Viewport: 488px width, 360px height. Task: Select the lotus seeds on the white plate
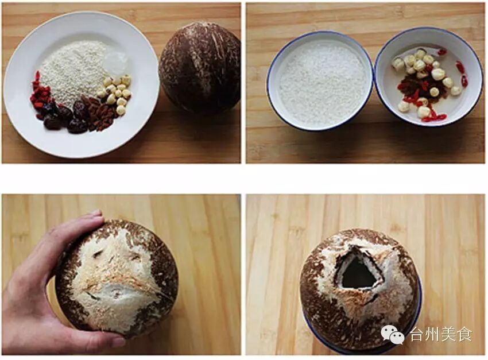point(116,92)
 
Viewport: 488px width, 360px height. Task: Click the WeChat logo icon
point(393,335)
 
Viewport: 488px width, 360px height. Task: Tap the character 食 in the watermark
point(464,335)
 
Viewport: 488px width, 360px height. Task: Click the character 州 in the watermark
point(433,335)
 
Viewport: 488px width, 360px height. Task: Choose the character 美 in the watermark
point(448,335)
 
